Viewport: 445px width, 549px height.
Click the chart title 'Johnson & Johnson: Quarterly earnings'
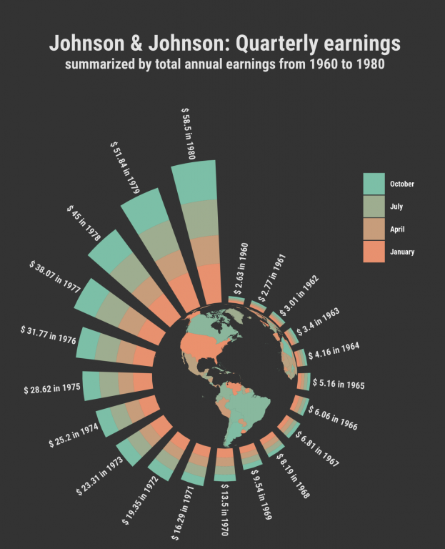tap(224, 44)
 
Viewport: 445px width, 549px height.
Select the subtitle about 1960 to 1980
tap(224, 65)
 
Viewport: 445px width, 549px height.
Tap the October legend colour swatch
tap(374, 184)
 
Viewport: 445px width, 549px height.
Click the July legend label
tap(396, 207)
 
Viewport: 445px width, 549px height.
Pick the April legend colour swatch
tap(374, 229)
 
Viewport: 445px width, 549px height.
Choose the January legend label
tap(402, 252)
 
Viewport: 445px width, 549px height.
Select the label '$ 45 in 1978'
tap(84, 224)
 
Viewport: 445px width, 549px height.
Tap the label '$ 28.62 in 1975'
tap(51, 390)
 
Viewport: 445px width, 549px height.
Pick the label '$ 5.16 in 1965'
tap(339, 385)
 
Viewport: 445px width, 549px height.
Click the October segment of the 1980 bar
tap(194, 182)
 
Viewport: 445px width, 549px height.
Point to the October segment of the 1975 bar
tap(91, 385)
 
